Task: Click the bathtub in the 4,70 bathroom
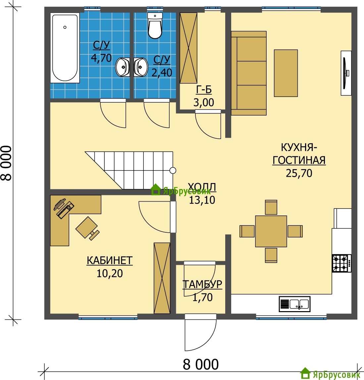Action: pyautogui.click(x=65, y=48)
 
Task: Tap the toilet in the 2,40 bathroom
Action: pyautogui.click(x=155, y=26)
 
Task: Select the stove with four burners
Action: pyautogui.click(x=341, y=263)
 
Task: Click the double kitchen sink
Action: pyautogui.click(x=294, y=304)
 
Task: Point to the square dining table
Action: pyautogui.click(x=271, y=231)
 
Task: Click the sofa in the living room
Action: pyautogui.click(x=249, y=73)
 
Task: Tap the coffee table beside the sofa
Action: pyautogui.click(x=286, y=73)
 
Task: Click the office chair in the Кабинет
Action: pyautogui.click(x=87, y=228)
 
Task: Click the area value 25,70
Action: pyautogui.click(x=299, y=173)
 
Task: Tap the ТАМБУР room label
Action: pyautogui.click(x=202, y=284)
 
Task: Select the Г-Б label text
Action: pyautogui.click(x=204, y=90)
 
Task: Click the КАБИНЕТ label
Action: pyautogui.click(x=110, y=261)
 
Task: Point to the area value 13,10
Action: pyautogui.click(x=202, y=200)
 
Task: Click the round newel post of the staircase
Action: pyautogui.click(x=173, y=170)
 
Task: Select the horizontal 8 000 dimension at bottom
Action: pyautogui.click(x=201, y=364)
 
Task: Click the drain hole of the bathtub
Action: pyautogui.click(x=65, y=27)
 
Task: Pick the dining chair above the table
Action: pyautogui.click(x=271, y=207)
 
